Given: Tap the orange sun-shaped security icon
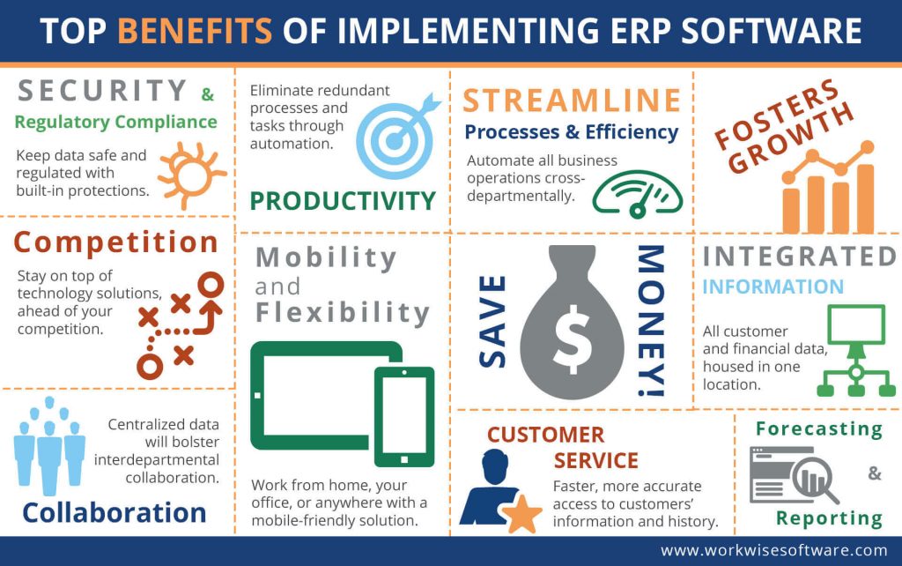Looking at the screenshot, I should point(186,174).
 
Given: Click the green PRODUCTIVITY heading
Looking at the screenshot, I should point(343,201).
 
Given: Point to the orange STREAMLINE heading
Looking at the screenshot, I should point(572,101).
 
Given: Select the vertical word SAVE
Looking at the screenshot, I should point(494,320).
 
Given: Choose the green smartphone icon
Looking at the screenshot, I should point(404,415).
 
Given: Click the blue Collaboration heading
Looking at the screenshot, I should point(115,512).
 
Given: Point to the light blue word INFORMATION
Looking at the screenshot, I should point(773,287).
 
